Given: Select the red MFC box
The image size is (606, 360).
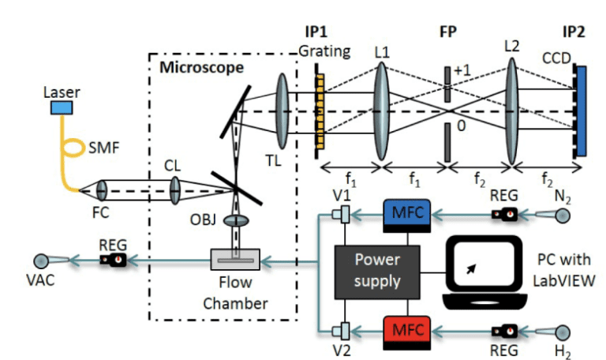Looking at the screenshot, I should point(406,328).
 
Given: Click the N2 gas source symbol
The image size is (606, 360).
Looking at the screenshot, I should point(562,214).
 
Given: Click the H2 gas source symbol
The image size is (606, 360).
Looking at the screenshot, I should point(562,332).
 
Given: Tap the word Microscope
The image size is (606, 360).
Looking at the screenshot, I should point(202,67).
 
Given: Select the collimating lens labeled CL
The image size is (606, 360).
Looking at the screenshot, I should point(174,189).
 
